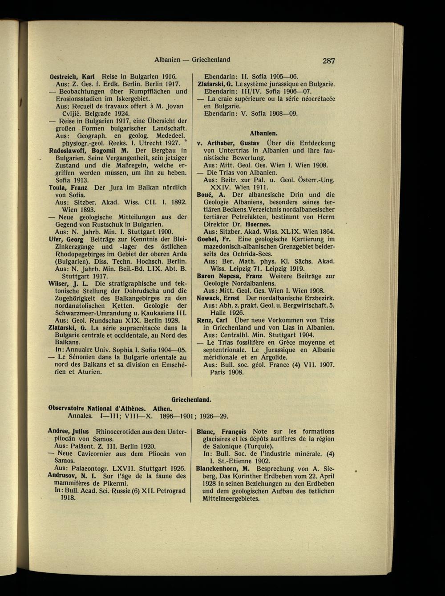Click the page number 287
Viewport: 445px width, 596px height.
(329, 61)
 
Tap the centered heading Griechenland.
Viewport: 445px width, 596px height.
(191, 400)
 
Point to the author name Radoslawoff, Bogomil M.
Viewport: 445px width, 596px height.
(83, 151)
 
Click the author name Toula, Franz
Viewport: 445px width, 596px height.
(68, 188)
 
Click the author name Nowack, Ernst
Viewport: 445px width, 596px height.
(218, 298)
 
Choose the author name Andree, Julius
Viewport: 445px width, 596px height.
(69, 431)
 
